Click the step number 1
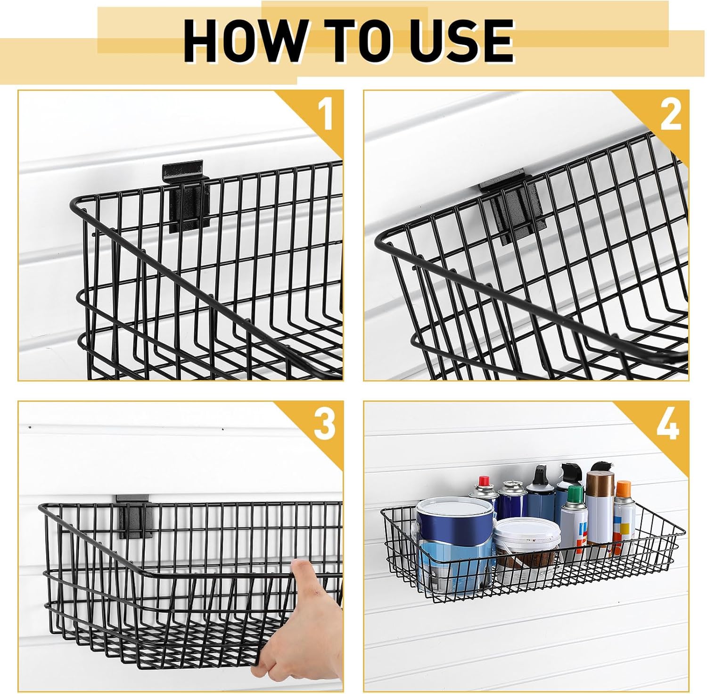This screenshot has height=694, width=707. point(325,115)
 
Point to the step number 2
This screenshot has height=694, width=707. point(671,115)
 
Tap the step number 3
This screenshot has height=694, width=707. point(325,425)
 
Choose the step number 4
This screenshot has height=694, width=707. point(668,425)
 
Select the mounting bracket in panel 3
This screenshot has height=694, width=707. point(135,516)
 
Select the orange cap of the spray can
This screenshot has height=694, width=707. point(623,488)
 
